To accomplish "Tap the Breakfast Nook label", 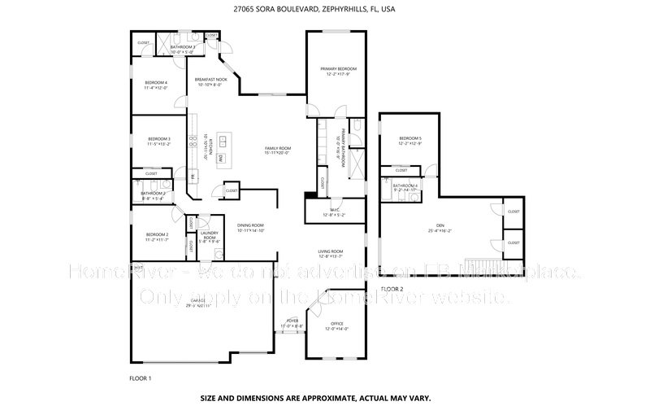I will pos(211,80).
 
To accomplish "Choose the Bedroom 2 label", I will pos(156,236).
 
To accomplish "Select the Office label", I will pos(336,325).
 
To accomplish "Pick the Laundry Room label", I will pos(209,238).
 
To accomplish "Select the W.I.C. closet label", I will pos(334,213).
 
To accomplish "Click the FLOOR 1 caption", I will pos(141,378).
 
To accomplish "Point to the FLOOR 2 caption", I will pos(392,289).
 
